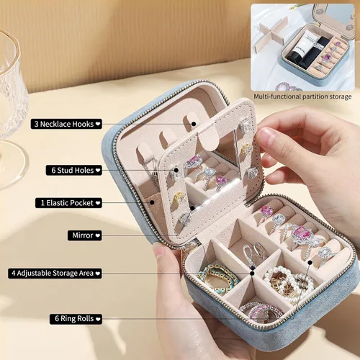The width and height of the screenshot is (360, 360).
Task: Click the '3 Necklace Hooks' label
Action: click(66, 124)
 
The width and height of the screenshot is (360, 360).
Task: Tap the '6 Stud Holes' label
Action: click(74, 170)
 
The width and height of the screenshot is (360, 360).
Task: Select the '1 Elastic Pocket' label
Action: click(68, 203)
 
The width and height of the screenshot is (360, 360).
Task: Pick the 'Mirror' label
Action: click(84, 235)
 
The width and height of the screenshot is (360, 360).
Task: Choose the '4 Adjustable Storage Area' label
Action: click(55, 273)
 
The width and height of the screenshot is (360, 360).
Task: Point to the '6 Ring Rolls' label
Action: click(76, 319)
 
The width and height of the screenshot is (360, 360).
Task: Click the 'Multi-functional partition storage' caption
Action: click(302, 96)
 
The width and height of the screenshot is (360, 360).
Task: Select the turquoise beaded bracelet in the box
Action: click(217, 279)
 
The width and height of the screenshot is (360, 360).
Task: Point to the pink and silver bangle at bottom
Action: click(261, 311)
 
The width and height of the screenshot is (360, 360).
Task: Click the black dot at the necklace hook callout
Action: click(194, 124)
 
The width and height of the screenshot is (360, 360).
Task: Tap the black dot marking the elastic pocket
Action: click(152, 202)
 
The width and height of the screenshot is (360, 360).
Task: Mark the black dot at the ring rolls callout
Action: click(310, 263)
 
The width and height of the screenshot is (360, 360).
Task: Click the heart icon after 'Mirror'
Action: click(97, 235)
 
